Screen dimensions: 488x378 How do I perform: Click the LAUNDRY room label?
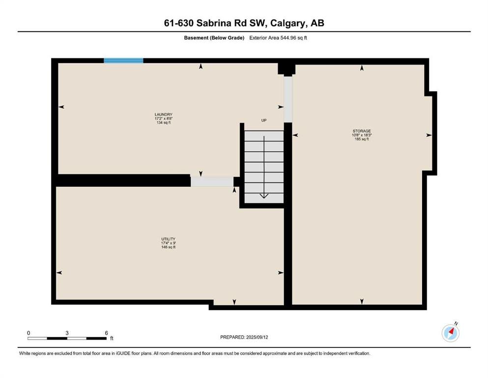click(163, 114)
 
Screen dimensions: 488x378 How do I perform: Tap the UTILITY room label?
click(169, 239)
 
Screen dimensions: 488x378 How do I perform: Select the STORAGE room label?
click(362, 131)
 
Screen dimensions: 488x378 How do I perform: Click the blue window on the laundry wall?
click(123, 61)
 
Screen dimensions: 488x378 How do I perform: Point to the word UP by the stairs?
click(264, 120)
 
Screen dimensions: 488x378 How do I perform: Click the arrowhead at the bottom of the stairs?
click(264, 196)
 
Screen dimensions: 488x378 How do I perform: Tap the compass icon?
click(450, 333)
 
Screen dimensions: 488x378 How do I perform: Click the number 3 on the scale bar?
click(67, 333)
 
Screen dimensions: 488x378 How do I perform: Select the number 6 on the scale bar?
click(107, 333)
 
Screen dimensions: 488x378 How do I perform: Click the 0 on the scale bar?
click(29, 333)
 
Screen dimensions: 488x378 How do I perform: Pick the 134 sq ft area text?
click(163, 123)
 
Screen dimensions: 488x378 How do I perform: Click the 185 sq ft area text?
click(362, 139)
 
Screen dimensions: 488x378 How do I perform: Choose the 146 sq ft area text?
click(169, 247)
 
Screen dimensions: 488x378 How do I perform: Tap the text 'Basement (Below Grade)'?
click(214, 38)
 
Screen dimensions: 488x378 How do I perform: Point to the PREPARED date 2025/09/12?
click(257, 337)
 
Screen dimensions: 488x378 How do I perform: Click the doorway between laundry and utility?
click(212, 182)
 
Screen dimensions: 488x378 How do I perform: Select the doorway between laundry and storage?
click(288, 99)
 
